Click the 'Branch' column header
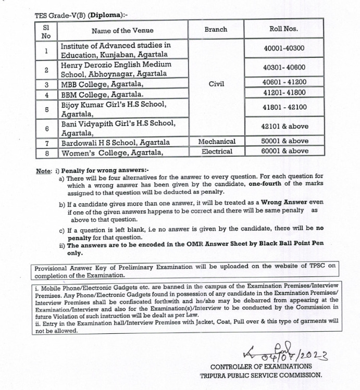pyautogui.click(x=216, y=30)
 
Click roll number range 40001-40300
pyautogui.click(x=284, y=49)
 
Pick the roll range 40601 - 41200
pyautogui.click(x=284, y=82)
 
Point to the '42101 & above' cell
pyautogui.click(x=284, y=126)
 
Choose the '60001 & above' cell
pyautogui.click(x=284, y=151)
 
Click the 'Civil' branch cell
pyautogui.click(x=216, y=82)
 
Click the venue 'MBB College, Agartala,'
pyautogui.click(x=102, y=84)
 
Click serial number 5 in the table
pyautogui.click(x=46, y=109)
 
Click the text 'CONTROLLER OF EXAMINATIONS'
pyautogui.click(x=262, y=367)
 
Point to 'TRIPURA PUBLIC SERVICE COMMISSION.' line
pyautogui.click(x=260, y=374)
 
